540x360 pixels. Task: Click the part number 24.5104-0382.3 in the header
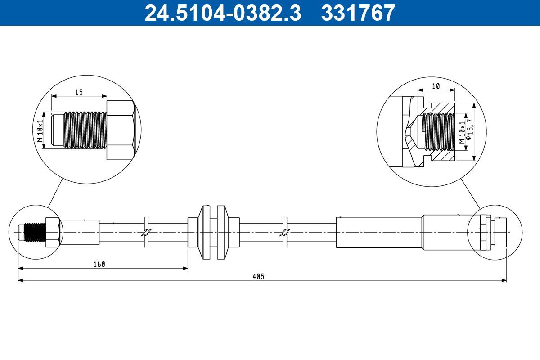pyautogui.click(x=222, y=13)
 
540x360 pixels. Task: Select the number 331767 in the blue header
pyautogui.click(x=358, y=13)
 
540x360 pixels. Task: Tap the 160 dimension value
pyautogui.click(x=99, y=265)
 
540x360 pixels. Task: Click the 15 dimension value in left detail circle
pyautogui.click(x=79, y=92)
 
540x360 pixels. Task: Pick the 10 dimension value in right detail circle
pyautogui.click(x=436, y=86)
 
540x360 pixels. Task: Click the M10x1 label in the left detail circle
pyautogui.click(x=40, y=130)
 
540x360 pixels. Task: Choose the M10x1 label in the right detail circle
pyautogui.click(x=461, y=132)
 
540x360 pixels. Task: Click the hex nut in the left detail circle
pyautogui.click(x=120, y=130)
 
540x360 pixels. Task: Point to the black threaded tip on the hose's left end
pyautogui.click(x=33, y=232)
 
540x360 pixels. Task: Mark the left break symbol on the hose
pyautogui.click(x=146, y=232)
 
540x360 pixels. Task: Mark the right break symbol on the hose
pyautogui.click(x=285, y=232)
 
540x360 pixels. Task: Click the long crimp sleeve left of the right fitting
pyautogui.click(x=379, y=232)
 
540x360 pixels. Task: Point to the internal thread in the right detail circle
pyautogui.click(x=439, y=131)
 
